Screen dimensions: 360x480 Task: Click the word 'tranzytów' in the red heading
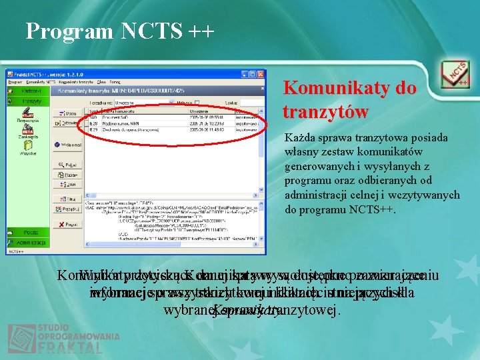(325, 112)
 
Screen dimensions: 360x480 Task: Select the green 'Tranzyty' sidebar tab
(27, 101)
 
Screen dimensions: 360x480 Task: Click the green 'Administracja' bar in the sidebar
(27, 243)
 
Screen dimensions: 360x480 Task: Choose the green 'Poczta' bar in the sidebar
(27, 232)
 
